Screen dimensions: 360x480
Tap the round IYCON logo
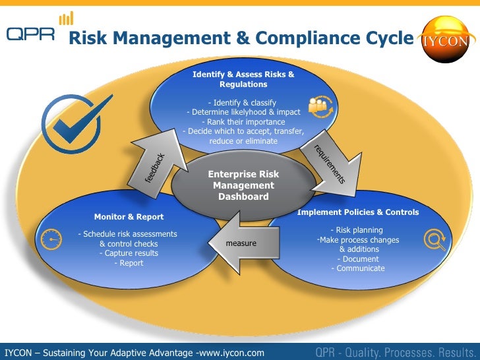(446, 39)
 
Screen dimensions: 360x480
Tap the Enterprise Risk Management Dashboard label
(243, 185)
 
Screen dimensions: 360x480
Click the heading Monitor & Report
(129, 216)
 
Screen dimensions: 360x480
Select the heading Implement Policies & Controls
(358, 212)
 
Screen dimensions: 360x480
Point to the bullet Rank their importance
(243, 121)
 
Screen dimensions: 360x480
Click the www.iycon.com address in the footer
(231, 353)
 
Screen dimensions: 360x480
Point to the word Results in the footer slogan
(450, 352)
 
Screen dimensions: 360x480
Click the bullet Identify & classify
(242, 102)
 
